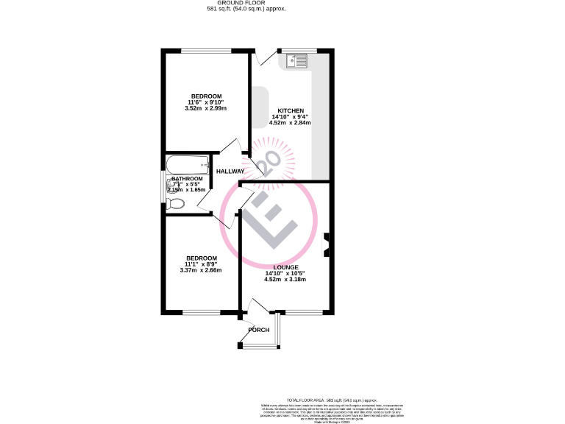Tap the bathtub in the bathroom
click(188, 163)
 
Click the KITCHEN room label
click(291, 110)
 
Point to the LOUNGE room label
click(286, 267)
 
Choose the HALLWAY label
click(230, 172)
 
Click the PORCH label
click(259, 330)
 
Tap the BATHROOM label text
click(187, 179)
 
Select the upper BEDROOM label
click(207, 96)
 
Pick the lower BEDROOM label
click(201, 258)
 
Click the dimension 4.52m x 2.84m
click(291, 123)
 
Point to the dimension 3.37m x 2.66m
click(201, 270)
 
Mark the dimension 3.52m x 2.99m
click(207, 109)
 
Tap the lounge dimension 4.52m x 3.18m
click(286, 280)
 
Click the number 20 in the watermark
click(268, 162)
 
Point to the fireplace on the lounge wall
click(327, 245)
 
